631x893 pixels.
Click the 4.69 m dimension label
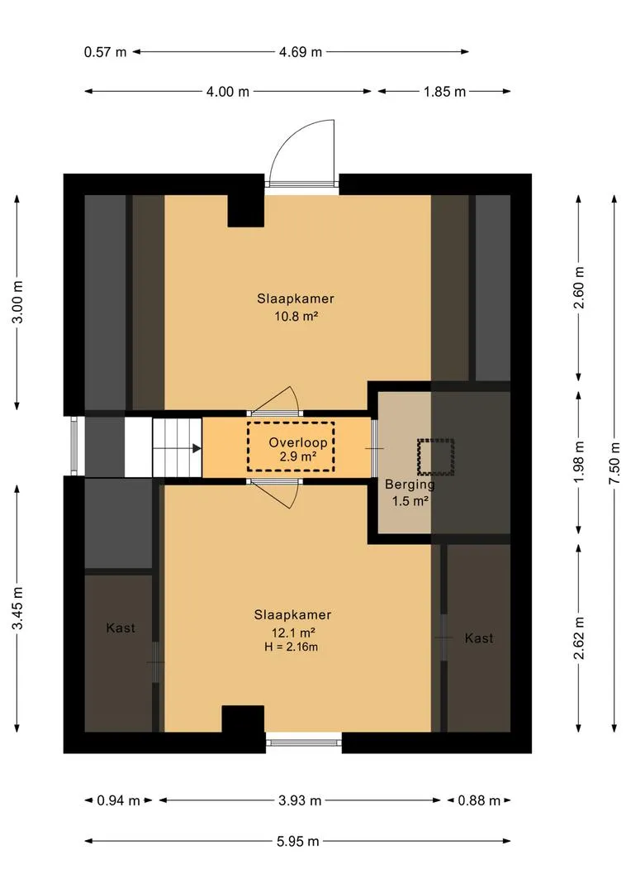[301, 52]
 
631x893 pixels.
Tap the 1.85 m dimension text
[444, 92]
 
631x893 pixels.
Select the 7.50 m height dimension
[614, 463]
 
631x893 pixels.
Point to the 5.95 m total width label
[297, 841]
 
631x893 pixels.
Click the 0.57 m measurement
[105, 52]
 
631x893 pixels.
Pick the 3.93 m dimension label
[300, 800]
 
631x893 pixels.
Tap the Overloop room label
[298, 442]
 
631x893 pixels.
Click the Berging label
[410, 485]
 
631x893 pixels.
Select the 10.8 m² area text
[296, 316]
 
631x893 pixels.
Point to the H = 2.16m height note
[292, 647]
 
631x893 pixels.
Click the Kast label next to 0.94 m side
[121, 628]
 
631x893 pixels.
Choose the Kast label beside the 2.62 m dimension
[479, 638]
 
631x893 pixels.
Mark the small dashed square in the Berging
[436, 456]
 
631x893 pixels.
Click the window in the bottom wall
[304, 742]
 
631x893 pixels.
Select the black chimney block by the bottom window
[243, 719]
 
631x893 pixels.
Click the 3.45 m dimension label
[18, 609]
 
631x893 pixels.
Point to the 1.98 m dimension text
[579, 462]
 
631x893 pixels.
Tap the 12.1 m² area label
[293, 633]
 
